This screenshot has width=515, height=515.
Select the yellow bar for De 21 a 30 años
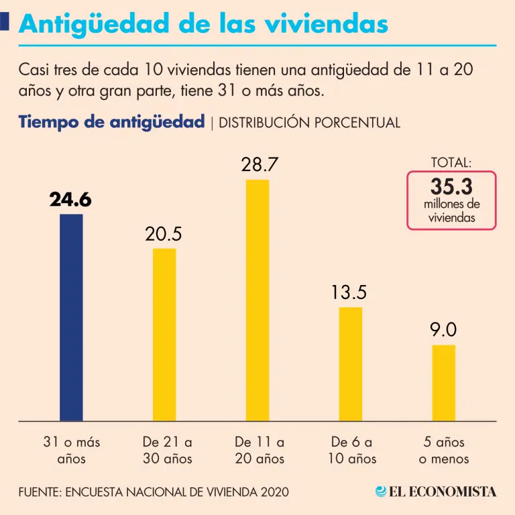click(164, 335)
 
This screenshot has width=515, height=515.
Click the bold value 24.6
click(70, 199)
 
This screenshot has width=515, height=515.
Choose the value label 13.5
click(349, 292)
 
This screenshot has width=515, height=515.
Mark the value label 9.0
click(443, 330)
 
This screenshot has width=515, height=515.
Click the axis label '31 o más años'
click(71, 451)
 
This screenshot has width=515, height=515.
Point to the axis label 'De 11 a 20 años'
click(260, 451)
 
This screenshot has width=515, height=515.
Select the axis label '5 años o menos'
click(443, 451)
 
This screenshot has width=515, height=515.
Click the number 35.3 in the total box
click(451, 187)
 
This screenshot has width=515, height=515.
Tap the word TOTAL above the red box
click(451, 162)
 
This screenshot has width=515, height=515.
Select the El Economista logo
click(436, 492)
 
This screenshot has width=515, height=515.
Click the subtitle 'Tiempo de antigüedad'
click(111, 122)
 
